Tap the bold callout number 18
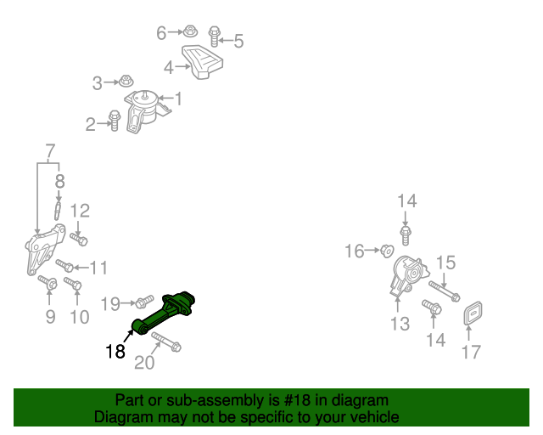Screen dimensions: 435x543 coord(116,351)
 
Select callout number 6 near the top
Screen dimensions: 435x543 coord(162,33)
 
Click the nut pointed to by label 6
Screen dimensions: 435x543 coord(191,32)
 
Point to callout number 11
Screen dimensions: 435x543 coord(98,268)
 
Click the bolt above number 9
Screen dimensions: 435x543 coord(48,283)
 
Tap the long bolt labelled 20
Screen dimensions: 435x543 coord(166,342)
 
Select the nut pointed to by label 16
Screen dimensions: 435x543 coord(384,250)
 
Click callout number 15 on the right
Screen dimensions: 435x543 coord(446,262)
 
